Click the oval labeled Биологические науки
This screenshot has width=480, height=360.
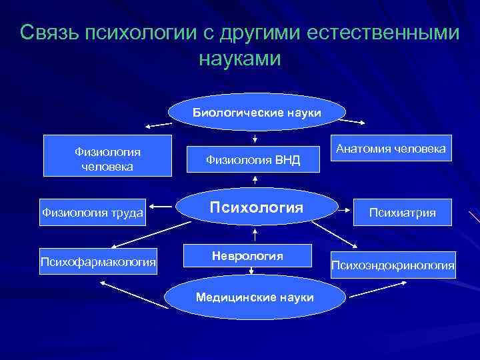click(x=257, y=112)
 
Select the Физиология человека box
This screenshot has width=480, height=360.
click(x=107, y=156)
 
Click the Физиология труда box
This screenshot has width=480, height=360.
click(x=93, y=213)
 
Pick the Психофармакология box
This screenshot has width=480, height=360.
click(x=99, y=261)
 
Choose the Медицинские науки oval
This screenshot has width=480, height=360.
click(x=255, y=297)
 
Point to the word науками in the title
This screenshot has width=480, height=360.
click(x=240, y=59)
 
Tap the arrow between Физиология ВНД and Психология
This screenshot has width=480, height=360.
click(x=255, y=180)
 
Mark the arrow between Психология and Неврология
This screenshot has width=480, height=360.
click(x=255, y=233)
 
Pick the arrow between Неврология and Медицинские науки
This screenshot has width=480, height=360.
click(x=251, y=271)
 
